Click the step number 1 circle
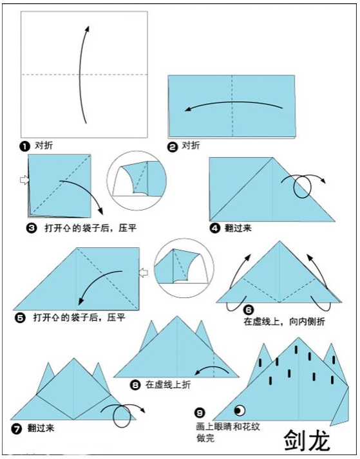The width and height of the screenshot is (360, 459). click(24, 146)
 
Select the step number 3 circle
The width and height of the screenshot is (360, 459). click(32, 229)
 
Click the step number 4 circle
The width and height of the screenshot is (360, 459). click(215, 229)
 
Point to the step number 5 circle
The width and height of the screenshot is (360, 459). click(19, 318)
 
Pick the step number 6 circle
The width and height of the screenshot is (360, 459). click(249, 310)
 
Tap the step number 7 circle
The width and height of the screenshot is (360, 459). click(16, 429)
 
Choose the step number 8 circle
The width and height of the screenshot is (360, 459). click(135, 385)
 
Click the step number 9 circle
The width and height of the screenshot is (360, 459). click(200, 413)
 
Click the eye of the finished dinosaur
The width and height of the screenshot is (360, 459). click(240, 410)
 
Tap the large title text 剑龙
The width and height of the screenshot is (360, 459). click(307, 440)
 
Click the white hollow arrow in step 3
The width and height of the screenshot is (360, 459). click(24, 180)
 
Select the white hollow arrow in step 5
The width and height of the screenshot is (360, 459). click(143, 273)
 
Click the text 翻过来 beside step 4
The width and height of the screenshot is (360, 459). click(238, 228)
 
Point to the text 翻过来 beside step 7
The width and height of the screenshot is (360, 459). click(41, 429)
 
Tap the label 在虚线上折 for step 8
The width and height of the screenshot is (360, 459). click(168, 385)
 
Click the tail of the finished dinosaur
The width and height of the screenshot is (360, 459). click(341, 407)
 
